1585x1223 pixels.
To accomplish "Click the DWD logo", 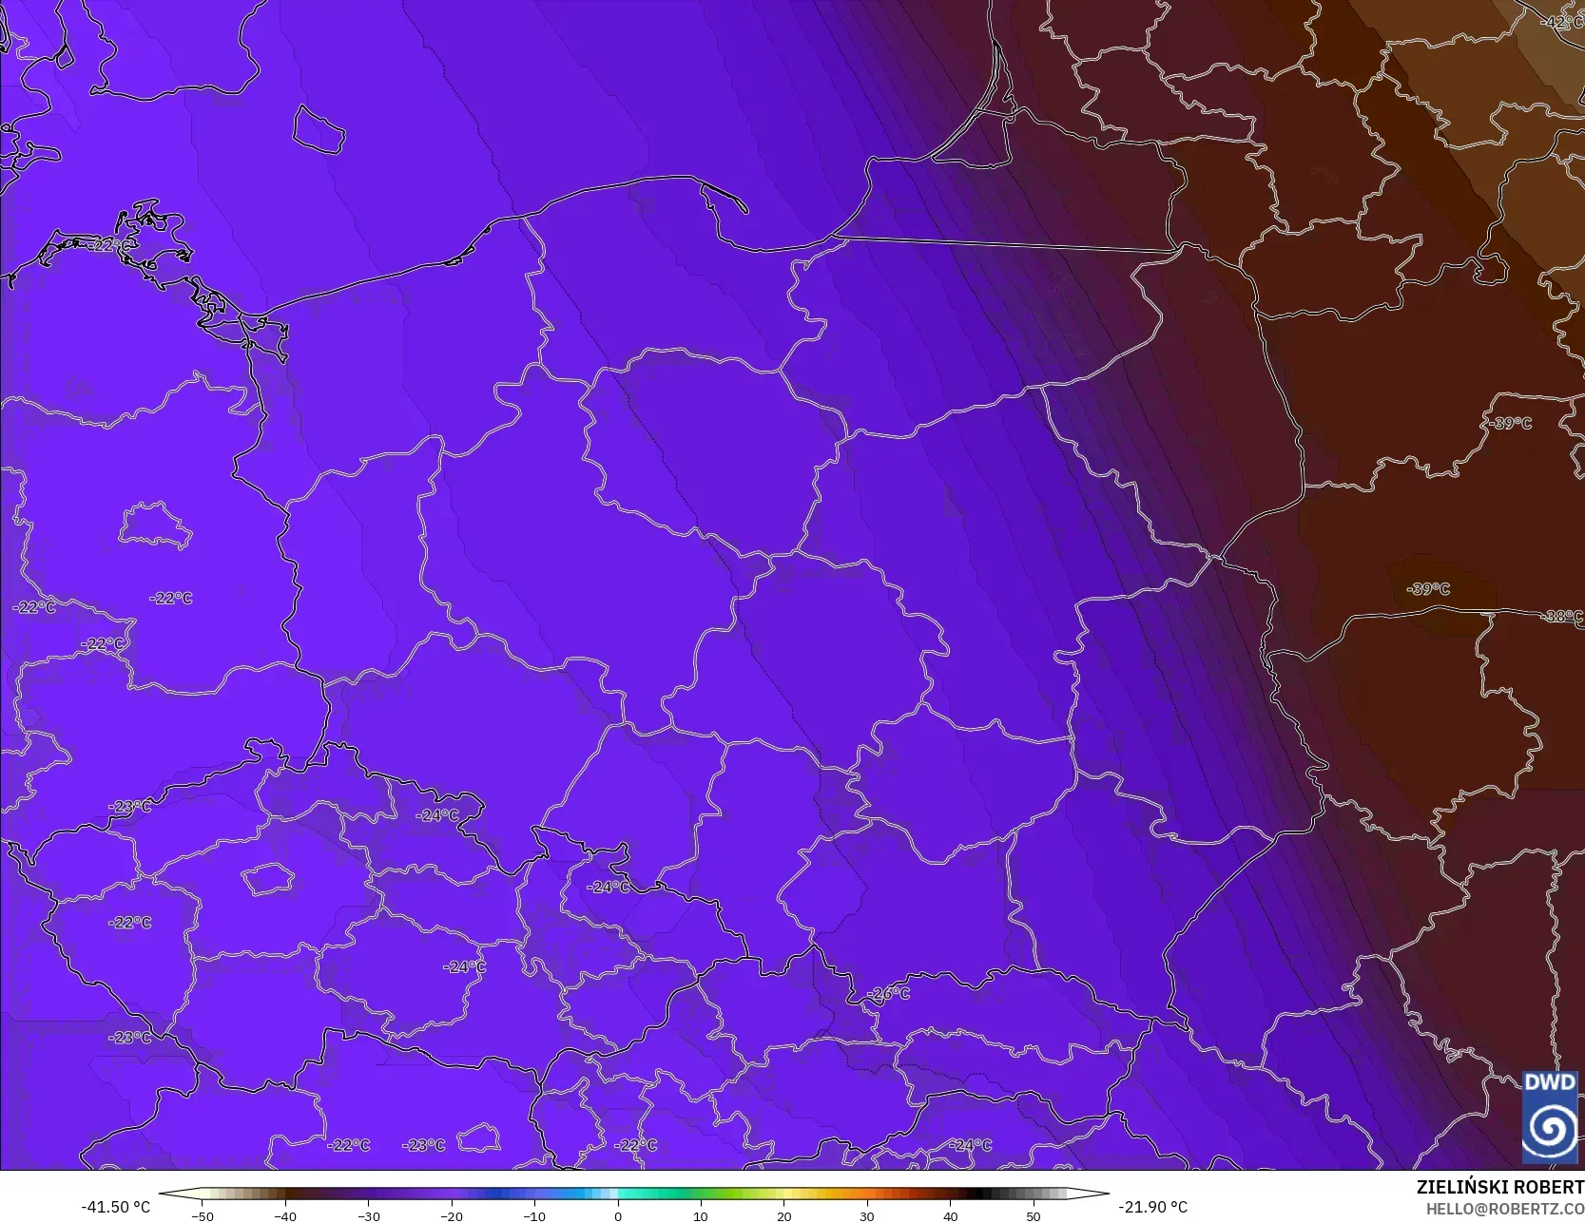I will [x=1550, y=1117].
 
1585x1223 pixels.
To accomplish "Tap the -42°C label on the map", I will [x=1561, y=22].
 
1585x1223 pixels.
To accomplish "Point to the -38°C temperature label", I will [x=1562, y=616].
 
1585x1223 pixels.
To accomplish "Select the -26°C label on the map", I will [x=888, y=994].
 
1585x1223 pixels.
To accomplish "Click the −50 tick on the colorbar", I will [x=202, y=1215].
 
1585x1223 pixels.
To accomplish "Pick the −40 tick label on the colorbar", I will [x=284, y=1215].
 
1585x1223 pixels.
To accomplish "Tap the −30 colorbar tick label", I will [x=368, y=1215].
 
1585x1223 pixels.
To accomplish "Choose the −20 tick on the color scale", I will [x=451, y=1215].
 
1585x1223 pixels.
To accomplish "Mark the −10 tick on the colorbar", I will [x=534, y=1215].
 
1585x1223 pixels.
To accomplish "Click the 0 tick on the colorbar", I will [x=617, y=1215].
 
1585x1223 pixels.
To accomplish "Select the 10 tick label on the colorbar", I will [x=701, y=1215].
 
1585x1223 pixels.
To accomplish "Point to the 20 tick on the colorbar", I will [x=783, y=1215].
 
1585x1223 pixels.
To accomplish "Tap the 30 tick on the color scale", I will [x=867, y=1215].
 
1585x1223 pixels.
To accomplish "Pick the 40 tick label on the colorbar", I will [x=950, y=1215].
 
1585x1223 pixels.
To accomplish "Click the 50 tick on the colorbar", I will [x=1034, y=1215].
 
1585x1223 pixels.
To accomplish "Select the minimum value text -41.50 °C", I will [x=116, y=1207].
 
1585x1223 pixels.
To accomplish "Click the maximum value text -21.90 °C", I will [x=1152, y=1207].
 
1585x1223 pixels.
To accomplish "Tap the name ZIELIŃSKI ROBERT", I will [x=1499, y=1187].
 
